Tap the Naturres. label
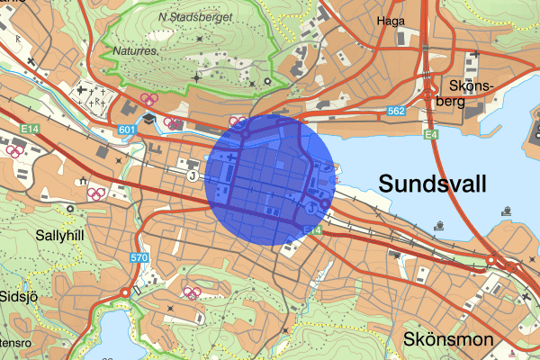tap(131, 52)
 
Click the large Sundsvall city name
tap(433, 184)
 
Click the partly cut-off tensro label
tap(13, 343)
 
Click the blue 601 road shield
tap(127, 132)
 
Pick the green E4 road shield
tap(431, 134)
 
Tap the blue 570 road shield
tap(138, 259)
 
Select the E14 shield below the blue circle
tap(312, 231)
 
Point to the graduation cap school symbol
tap(148, 118)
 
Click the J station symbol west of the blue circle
tap(193, 176)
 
